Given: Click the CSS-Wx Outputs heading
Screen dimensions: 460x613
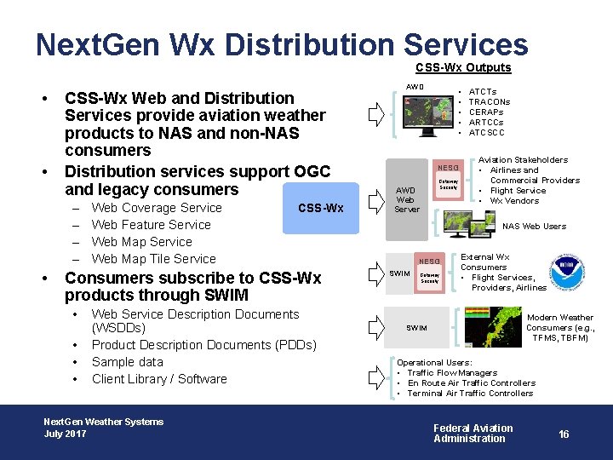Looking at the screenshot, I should tap(463, 68).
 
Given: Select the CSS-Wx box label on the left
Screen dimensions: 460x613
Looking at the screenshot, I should tap(321, 208).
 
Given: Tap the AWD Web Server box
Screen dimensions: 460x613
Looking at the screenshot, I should tap(406, 199).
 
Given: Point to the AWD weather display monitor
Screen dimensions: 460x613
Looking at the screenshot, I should tap(426, 117).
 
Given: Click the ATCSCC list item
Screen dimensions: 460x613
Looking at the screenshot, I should tap(487, 132).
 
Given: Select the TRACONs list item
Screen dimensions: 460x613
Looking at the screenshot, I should tap(490, 101).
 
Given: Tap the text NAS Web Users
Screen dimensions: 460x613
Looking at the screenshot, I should tap(534, 227).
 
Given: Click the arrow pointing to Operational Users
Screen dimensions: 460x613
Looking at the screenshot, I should tap(375, 376).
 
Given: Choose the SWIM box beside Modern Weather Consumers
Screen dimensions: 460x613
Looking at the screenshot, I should tap(416, 328).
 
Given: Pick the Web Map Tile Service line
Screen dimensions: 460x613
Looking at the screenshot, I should tap(153, 259).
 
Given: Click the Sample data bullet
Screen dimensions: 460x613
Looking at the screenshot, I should tap(127, 362).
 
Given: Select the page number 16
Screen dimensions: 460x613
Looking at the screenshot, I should tap(564, 434).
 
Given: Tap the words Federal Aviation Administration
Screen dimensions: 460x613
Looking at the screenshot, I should tap(473, 434).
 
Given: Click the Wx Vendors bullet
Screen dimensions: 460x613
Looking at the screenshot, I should tap(514, 201).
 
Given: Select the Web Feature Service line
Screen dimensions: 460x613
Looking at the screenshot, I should tap(151, 225).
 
